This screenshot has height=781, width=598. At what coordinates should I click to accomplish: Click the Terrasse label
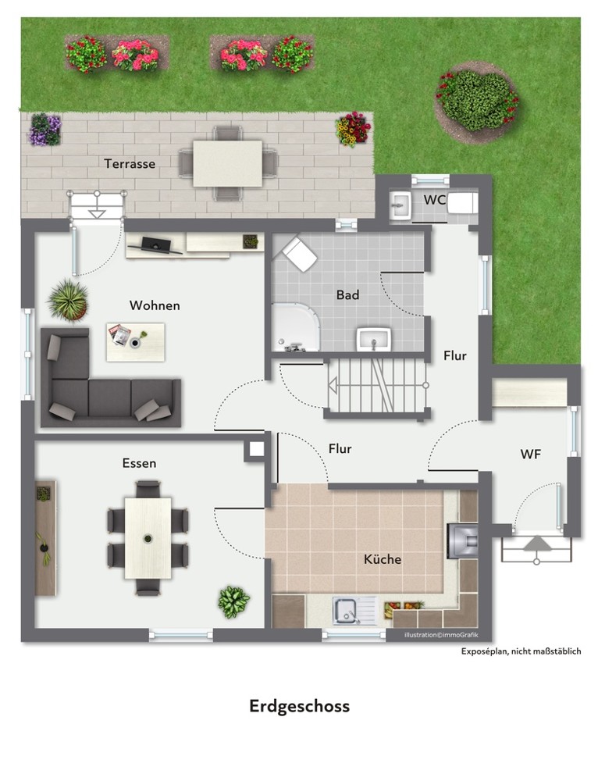click(x=130, y=164)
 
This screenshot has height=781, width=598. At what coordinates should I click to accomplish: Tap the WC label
click(x=434, y=200)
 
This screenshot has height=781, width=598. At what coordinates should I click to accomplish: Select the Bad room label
click(x=347, y=295)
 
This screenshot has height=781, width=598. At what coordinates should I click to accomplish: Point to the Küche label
click(x=383, y=559)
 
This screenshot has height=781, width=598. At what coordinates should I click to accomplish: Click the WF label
click(x=531, y=455)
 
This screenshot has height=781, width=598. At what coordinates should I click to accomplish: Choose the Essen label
click(x=140, y=463)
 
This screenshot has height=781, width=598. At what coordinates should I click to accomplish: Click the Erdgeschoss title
click(x=299, y=707)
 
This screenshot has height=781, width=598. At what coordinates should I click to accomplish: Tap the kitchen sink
click(x=353, y=611)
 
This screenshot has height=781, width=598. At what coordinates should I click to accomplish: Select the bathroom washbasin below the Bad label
click(x=374, y=339)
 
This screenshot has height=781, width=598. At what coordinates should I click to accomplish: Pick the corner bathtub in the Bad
click(x=296, y=327)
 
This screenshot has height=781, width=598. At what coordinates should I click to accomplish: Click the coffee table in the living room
click(x=135, y=342)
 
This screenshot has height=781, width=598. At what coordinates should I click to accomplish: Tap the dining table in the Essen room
click(x=148, y=538)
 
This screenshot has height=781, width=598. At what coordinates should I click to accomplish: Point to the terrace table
click(x=227, y=163)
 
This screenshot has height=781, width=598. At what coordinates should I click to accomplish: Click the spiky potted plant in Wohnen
click(x=68, y=301)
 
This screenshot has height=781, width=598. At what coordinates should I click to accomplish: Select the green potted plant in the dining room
click(x=233, y=602)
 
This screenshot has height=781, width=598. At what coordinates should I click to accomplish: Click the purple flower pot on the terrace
click(x=45, y=130)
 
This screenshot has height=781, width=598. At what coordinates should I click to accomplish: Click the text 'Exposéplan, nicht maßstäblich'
click(x=521, y=651)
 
